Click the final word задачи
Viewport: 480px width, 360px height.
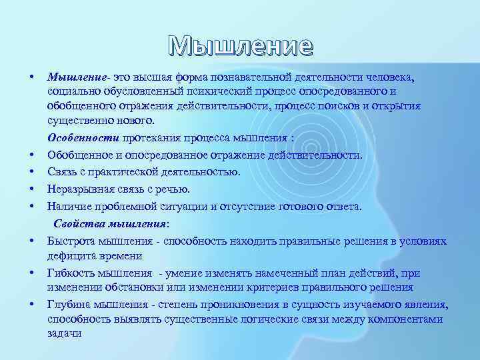coord(64,334)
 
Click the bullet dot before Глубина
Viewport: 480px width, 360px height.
coord(32,304)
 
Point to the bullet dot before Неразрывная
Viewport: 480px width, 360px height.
coord(32,189)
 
